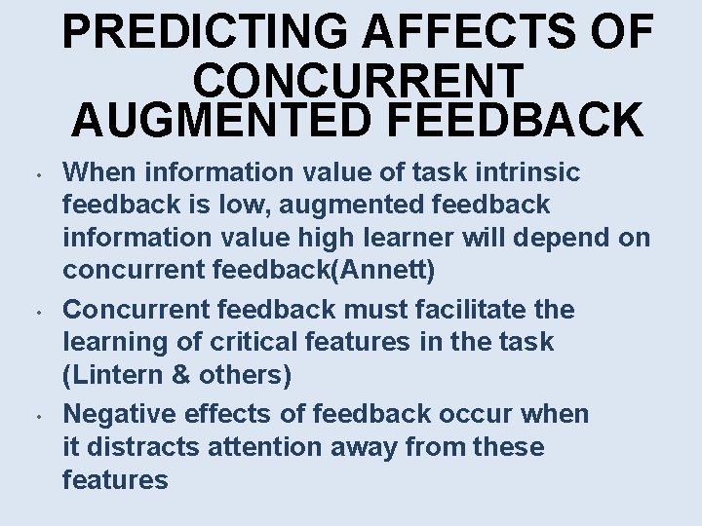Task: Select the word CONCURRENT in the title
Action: point(359,77)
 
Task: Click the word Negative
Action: point(115,414)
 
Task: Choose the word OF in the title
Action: point(621,32)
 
